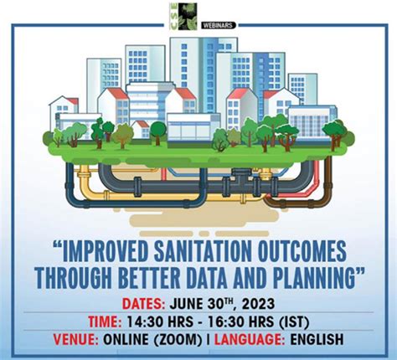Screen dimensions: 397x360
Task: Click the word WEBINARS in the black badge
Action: click(x=218, y=25)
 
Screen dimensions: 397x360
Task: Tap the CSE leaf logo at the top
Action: click(x=183, y=16)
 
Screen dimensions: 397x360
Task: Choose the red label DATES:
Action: click(x=143, y=304)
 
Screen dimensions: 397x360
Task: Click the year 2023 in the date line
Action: click(x=258, y=304)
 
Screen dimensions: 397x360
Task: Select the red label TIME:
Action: click(x=105, y=321)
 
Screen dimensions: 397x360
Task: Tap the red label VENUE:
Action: click(x=75, y=340)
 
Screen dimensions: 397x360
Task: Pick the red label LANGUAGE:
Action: click(x=250, y=340)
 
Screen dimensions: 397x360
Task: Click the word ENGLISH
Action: click(x=317, y=340)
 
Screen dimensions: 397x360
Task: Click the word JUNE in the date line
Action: click(x=186, y=304)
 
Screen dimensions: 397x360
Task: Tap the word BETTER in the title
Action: click(x=149, y=278)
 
